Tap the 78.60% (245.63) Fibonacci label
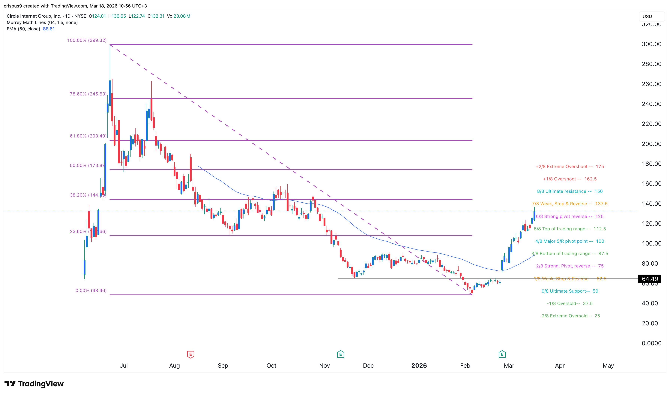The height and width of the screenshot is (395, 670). tap(88, 94)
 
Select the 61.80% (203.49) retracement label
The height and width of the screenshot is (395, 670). tap(88, 136)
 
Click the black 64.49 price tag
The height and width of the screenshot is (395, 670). tap(650, 279)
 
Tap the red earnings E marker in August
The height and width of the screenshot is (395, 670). tap(190, 354)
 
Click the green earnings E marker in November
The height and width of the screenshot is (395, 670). tap(340, 354)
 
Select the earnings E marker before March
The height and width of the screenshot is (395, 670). tap(502, 354)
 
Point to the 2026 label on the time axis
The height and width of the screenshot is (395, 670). tap(419, 365)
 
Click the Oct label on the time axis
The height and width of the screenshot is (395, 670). tap(271, 365)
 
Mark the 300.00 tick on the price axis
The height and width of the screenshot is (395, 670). tap(651, 44)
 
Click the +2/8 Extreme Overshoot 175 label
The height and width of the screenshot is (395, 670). tap(570, 167)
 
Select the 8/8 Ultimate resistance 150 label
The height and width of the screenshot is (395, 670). tap(570, 191)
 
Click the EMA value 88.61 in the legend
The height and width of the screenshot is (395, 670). tap(49, 29)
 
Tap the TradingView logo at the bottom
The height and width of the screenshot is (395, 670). tap(34, 384)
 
